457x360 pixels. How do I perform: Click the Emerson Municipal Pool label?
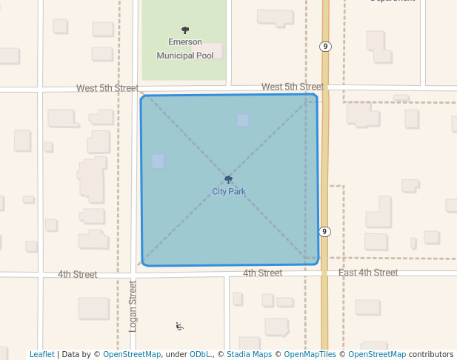pos(184,49)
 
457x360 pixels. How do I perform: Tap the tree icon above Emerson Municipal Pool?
pos(184,30)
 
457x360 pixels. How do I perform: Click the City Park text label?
pos(228,192)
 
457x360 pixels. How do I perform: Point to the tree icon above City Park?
pos(228,179)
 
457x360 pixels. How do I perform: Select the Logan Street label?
pos(133,306)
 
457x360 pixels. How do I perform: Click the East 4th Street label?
pos(368,273)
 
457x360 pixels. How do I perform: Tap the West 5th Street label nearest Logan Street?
pos(107,88)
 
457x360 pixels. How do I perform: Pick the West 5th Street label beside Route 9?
pos(293,87)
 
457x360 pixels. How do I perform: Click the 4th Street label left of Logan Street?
pos(78,275)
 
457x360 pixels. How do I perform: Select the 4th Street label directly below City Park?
pos(262,273)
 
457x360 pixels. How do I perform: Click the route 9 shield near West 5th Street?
pos(325,47)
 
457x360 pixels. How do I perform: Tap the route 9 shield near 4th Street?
pos(324,232)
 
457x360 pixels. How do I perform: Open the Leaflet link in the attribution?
pos(41,355)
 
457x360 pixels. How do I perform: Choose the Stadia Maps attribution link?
pos(248,355)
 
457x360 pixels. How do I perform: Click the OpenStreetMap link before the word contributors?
pos(377,355)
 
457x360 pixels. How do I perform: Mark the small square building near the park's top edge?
pos(243,121)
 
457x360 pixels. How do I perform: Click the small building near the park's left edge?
pos(158,161)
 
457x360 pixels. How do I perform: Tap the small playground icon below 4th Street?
pos(179,326)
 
